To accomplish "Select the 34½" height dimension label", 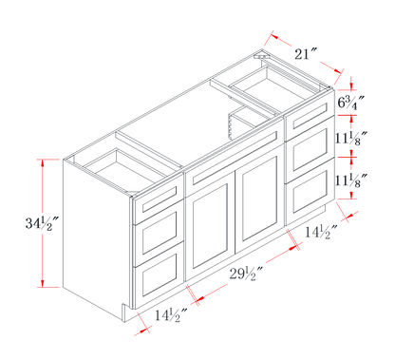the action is [x=43, y=223].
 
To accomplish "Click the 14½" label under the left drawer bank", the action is [x=171, y=315].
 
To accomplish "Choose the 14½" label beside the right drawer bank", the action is [x=322, y=232].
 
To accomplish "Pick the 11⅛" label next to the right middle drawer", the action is [x=351, y=138].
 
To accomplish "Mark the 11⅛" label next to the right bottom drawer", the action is [x=351, y=180].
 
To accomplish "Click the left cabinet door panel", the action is [x=210, y=225].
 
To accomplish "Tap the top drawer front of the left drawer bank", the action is [x=160, y=199].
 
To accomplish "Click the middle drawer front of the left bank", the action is [x=160, y=233].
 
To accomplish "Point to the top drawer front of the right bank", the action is [x=310, y=115].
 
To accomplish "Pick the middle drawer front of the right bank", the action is [x=310, y=149].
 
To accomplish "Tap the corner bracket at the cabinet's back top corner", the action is [x=261, y=57].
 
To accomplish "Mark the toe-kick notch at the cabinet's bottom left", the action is [x=126, y=311].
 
